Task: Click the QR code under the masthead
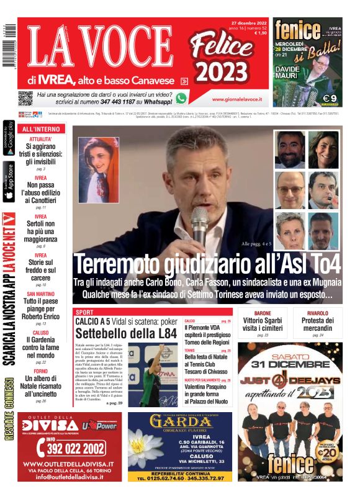(25, 97)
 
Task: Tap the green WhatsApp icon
(181, 98)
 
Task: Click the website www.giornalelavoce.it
(236, 99)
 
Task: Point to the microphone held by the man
(199, 224)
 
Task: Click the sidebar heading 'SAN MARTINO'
(40, 294)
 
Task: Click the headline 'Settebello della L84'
(126, 333)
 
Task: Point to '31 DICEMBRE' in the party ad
(290, 364)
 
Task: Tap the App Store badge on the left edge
(9, 181)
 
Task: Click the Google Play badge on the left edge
(9, 137)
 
